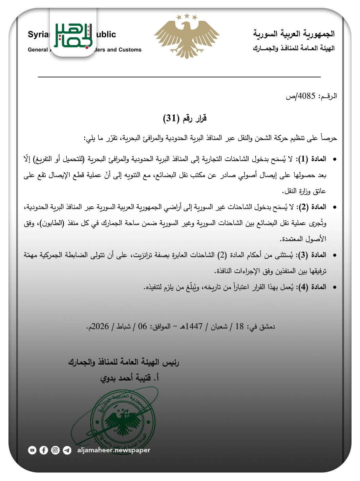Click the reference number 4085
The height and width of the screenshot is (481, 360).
click(x=306, y=96)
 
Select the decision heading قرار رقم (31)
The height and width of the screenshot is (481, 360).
click(x=185, y=118)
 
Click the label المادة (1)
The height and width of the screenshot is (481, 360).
click(x=312, y=159)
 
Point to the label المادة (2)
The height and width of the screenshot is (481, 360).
click(x=312, y=206)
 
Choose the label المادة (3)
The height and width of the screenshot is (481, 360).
click(x=312, y=255)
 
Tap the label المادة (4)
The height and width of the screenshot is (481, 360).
click(x=312, y=287)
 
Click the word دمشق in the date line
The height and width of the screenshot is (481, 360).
click(x=267, y=326)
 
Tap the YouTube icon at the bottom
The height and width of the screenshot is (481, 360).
click(x=32, y=450)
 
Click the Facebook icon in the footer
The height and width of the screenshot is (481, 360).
click(x=44, y=450)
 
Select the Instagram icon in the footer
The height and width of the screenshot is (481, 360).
click(x=55, y=450)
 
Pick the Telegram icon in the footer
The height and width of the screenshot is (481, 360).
click(x=67, y=450)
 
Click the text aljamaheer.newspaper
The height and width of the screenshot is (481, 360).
click(x=113, y=450)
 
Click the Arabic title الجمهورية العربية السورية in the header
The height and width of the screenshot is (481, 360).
click(x=294, y=34)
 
